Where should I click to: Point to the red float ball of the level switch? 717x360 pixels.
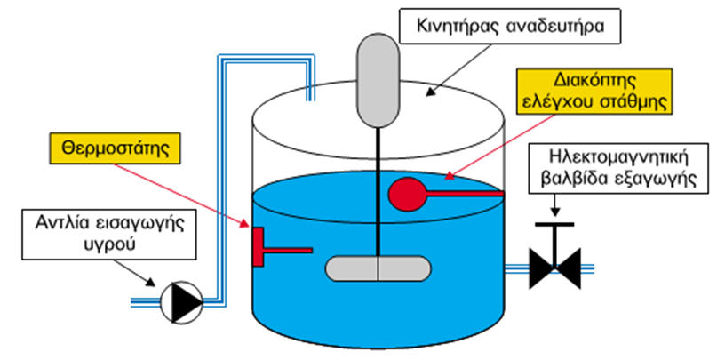point(408,195)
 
